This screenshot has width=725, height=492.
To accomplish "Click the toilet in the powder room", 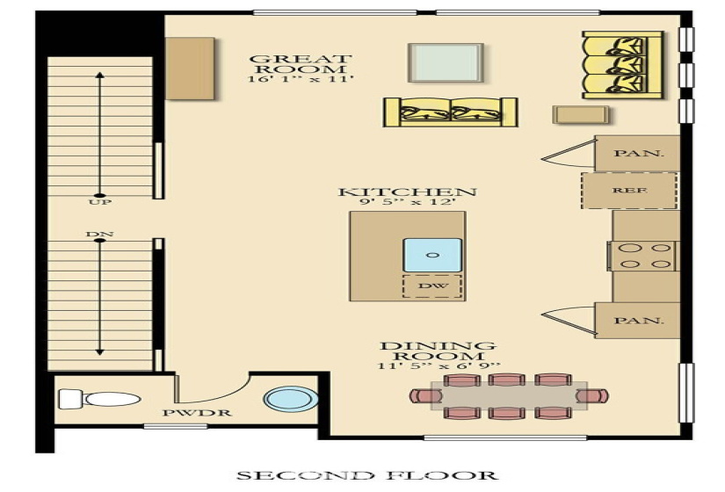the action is (x=99, y=399).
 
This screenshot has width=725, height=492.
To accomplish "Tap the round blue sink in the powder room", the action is (x=291, y=399).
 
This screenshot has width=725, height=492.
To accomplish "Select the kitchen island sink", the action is (x=432, y=255).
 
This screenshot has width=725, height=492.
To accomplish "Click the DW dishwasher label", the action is (x=432, y=286).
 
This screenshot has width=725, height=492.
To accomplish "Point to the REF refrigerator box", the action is (x=630, y=190).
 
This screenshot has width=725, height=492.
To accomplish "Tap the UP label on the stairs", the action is (x=99, y=202).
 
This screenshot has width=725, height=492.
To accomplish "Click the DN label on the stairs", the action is (x=99, y=234).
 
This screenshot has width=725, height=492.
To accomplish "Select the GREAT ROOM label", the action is (x=301, y=64).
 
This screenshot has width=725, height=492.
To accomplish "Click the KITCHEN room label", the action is (x=408, y=192).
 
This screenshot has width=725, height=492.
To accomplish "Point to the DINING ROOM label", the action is (x=438, y=351).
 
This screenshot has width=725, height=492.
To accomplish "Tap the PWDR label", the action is (x=197, y=413).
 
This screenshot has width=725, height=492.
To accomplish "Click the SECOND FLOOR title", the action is (x=367, y=475).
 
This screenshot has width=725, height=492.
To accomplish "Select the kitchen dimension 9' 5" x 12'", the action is (x=408, y=203).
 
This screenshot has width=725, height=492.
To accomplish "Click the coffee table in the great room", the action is (x=446, y=63).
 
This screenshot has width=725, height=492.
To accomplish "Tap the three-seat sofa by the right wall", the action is (x=623, y=65).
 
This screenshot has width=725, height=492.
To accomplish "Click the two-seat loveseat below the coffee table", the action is (x=450, y=112).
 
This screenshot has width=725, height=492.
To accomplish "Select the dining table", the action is (x=509, y=396).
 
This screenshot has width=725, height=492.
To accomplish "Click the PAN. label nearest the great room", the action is (x=638, y=153).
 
